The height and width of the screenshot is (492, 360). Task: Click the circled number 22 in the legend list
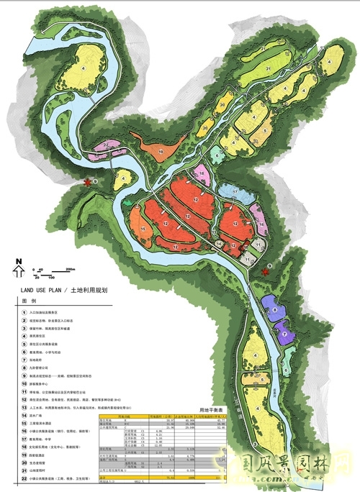(24, 478)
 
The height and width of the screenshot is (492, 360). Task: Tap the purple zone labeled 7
(284, 334)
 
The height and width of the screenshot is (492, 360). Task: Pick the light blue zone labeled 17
(235, 192)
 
